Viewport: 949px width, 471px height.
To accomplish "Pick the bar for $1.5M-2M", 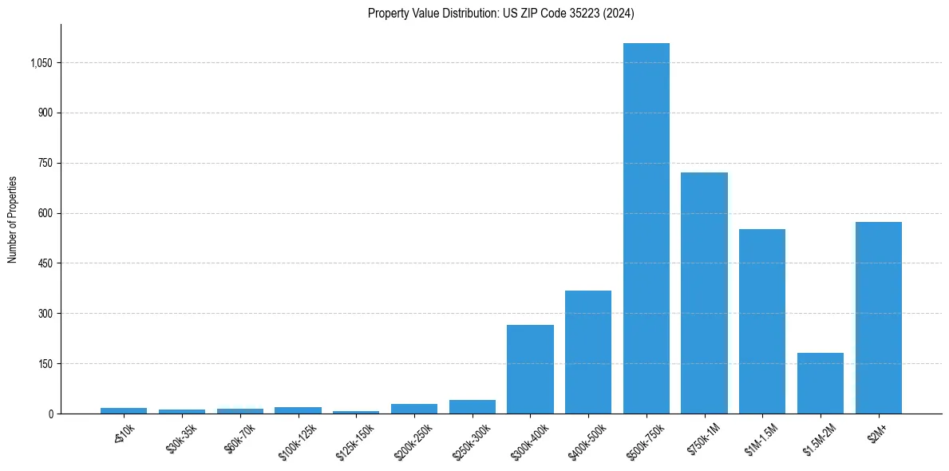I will pyautogui.click(x=820, y=383).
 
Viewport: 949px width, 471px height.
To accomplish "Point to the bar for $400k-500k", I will pyautogui.click(x=588, y=352).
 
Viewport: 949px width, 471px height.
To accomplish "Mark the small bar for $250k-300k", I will pyautogui.click(x=472, y=406).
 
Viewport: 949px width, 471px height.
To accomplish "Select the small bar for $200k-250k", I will pyautogui.click(x=414, y=409).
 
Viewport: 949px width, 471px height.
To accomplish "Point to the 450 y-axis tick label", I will pyautogui.click(x=45, y=263).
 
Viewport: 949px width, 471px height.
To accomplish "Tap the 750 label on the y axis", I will pyautogui.click(x=45, y=163).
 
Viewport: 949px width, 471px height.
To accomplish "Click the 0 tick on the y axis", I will pyautogui.click(x=49, y=414).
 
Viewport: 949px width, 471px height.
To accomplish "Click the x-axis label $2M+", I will pyautogui.click(x=880, y=432).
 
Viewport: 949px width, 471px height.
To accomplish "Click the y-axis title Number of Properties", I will pyautogui.click(x=12, y=220).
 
